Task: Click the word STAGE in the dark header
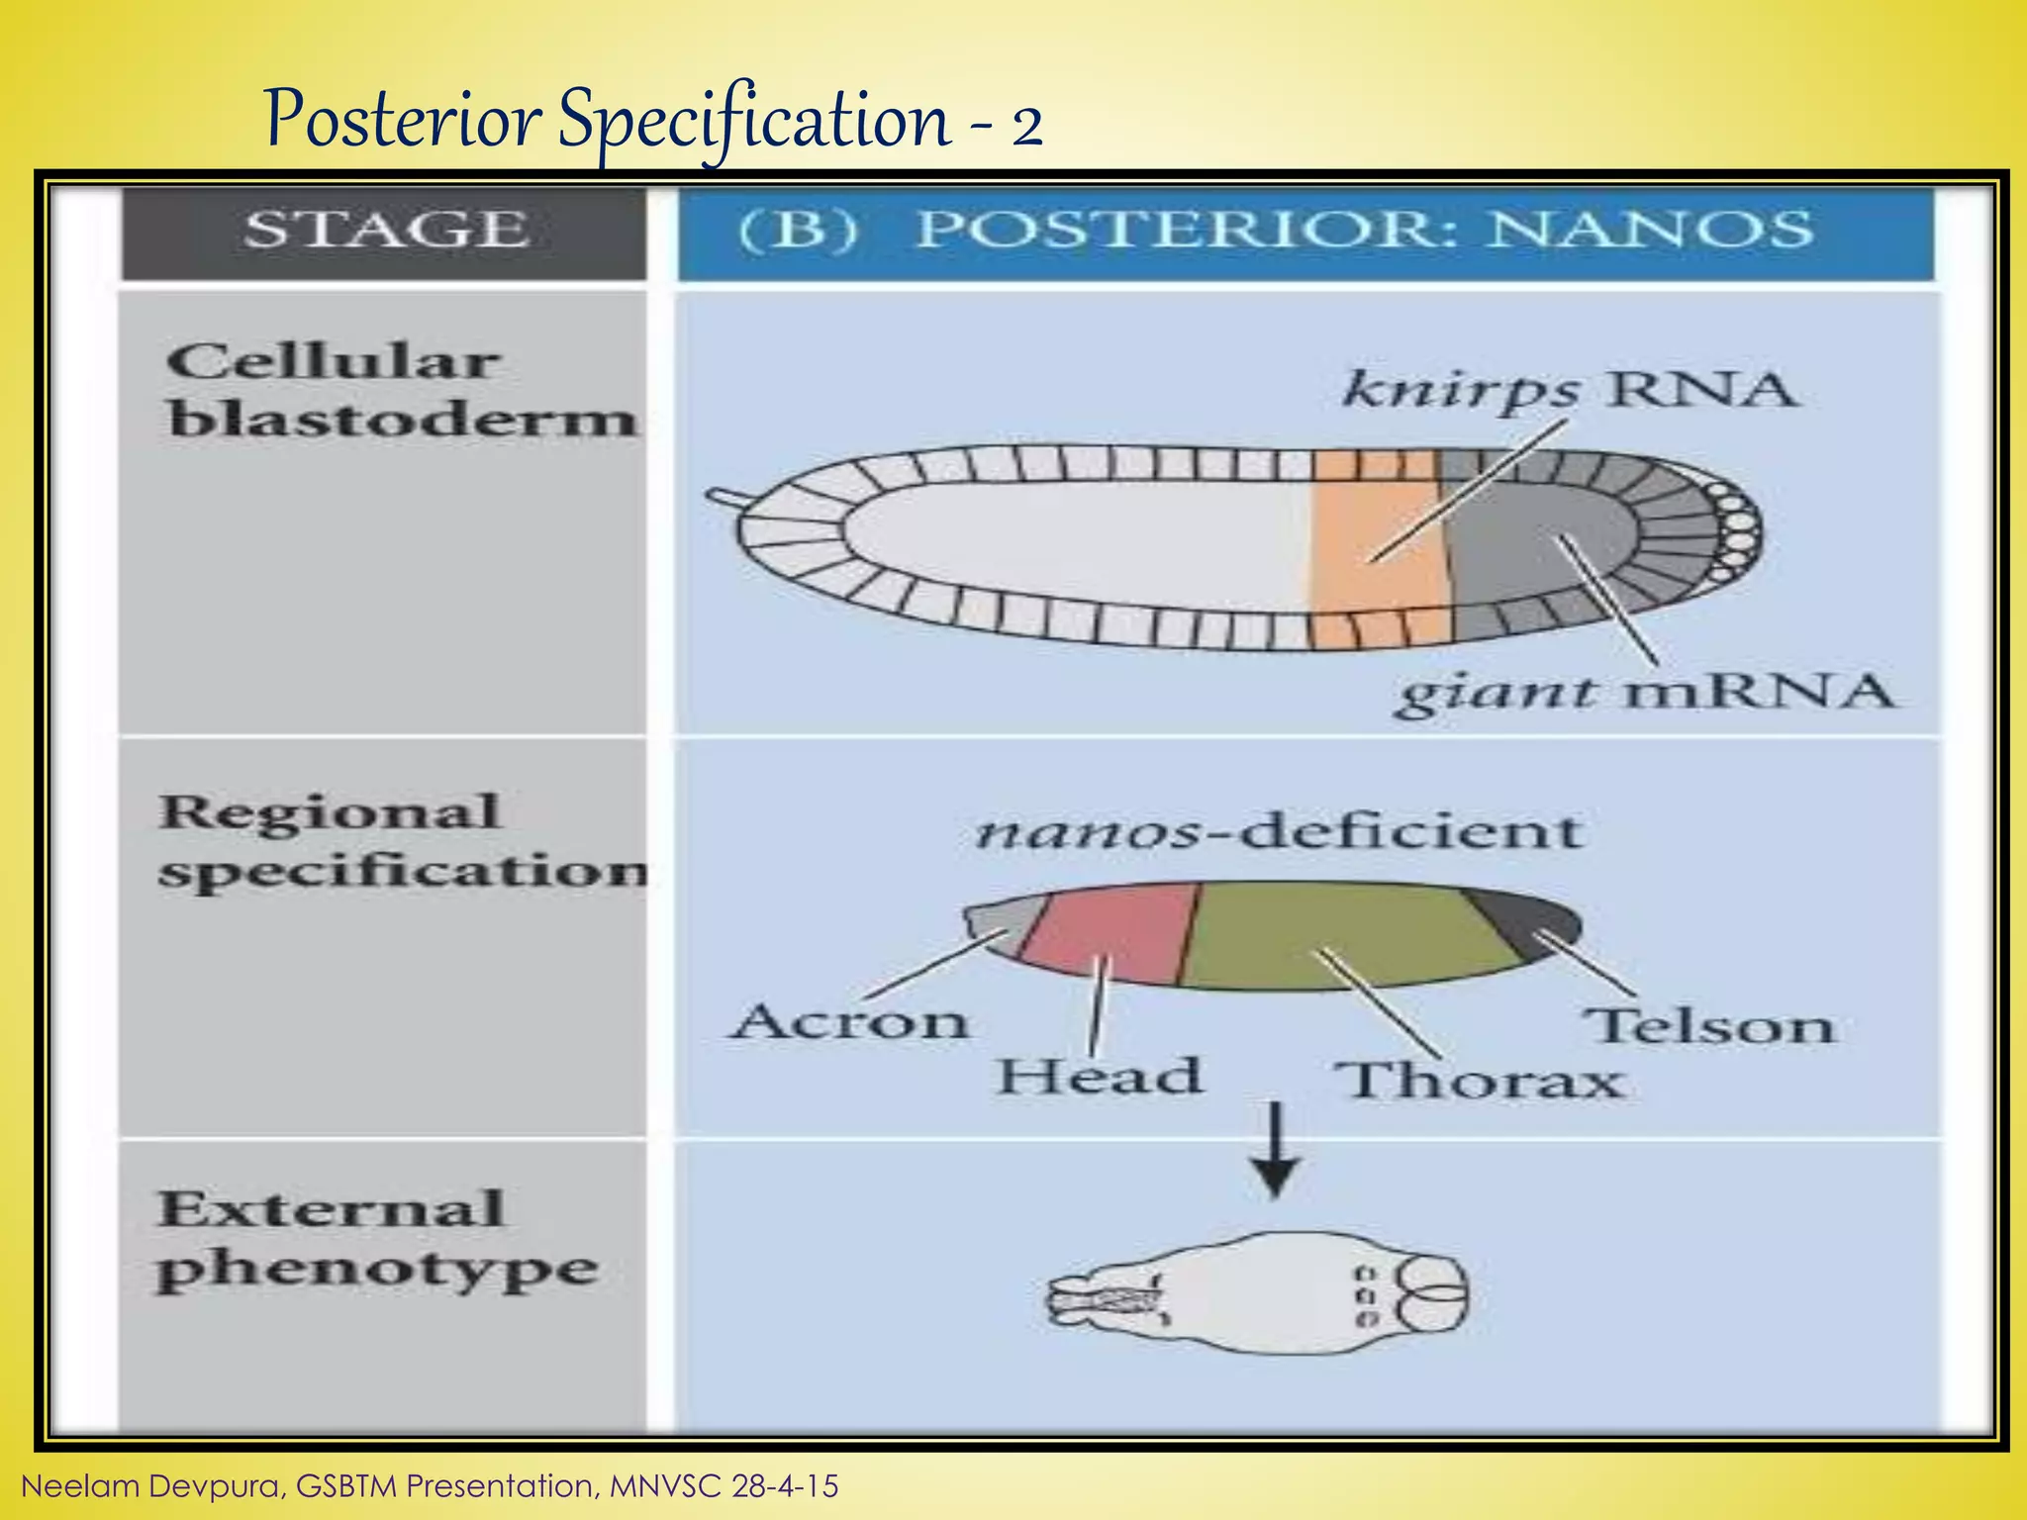(x=386, y=231)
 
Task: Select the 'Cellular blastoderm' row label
(x=401, y=391)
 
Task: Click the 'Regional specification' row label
(x=401, y=841)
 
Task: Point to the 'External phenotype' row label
(x=376, y=1239)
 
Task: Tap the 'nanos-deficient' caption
(x=1277, y=831)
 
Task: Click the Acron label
(x=849, y=1021)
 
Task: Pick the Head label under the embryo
(x=1099, y=1077)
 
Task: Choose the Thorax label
(x=1480, y=1081)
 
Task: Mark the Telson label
(x=1709, y=1026)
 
